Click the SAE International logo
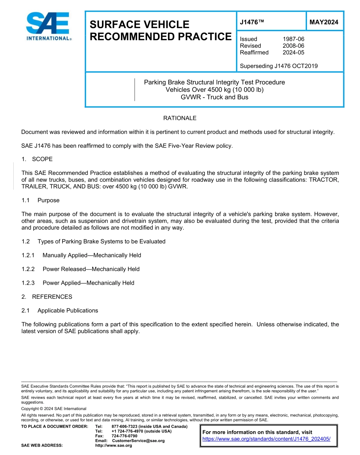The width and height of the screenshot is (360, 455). tap(48, 26)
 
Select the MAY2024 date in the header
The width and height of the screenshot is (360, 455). tap(324, 22)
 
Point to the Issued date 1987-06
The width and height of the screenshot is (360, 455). tap(293, 39)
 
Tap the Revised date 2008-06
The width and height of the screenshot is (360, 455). tap(293, 46)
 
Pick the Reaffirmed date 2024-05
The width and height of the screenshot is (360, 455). tap(293, 53)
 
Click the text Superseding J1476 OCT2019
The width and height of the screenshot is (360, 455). tap(279, 66)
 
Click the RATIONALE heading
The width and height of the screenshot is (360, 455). tap(180, 118)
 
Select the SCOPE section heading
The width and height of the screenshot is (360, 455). tap(42, 159)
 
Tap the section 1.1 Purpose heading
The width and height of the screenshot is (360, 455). tap(48, 200)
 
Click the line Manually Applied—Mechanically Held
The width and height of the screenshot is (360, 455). tap(92, 256)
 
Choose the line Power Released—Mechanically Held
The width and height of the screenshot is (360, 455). tap(91, 269)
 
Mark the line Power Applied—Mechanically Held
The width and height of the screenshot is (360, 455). tap(88, 283)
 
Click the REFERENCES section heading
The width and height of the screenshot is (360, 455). tap(52, 297)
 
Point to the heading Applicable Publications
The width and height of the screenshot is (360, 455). tap(67, 311)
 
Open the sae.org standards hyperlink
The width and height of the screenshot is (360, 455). tap(266, 439)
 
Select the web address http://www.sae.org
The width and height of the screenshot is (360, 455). tap(113, 446)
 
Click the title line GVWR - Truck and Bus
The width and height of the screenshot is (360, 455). tap(214, 97)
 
